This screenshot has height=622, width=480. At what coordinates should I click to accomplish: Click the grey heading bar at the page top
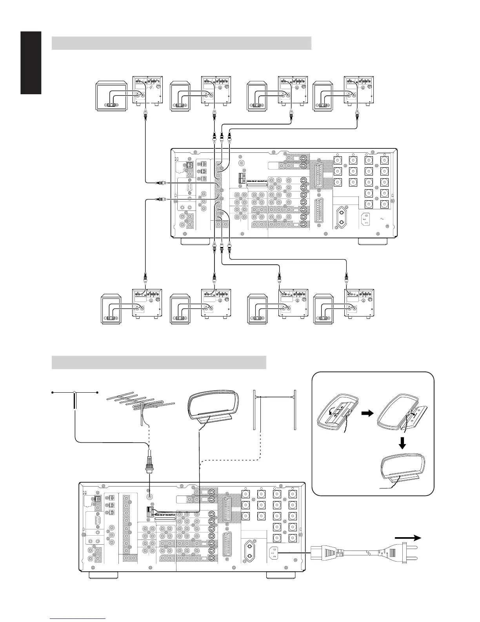[x=181, y=43]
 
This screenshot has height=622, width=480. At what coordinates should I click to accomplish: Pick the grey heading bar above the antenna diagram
[x=159, y=362]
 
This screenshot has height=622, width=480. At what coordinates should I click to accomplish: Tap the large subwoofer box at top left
[x=112, y=97]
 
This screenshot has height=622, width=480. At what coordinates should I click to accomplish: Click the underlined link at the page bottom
[x=78, y=619]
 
